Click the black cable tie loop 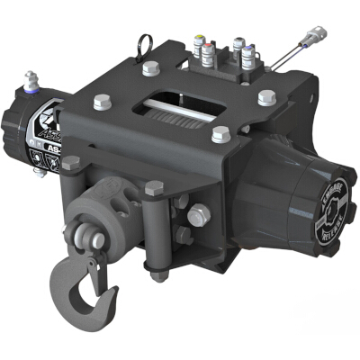click(144, 44)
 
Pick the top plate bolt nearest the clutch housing click(266, 97)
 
